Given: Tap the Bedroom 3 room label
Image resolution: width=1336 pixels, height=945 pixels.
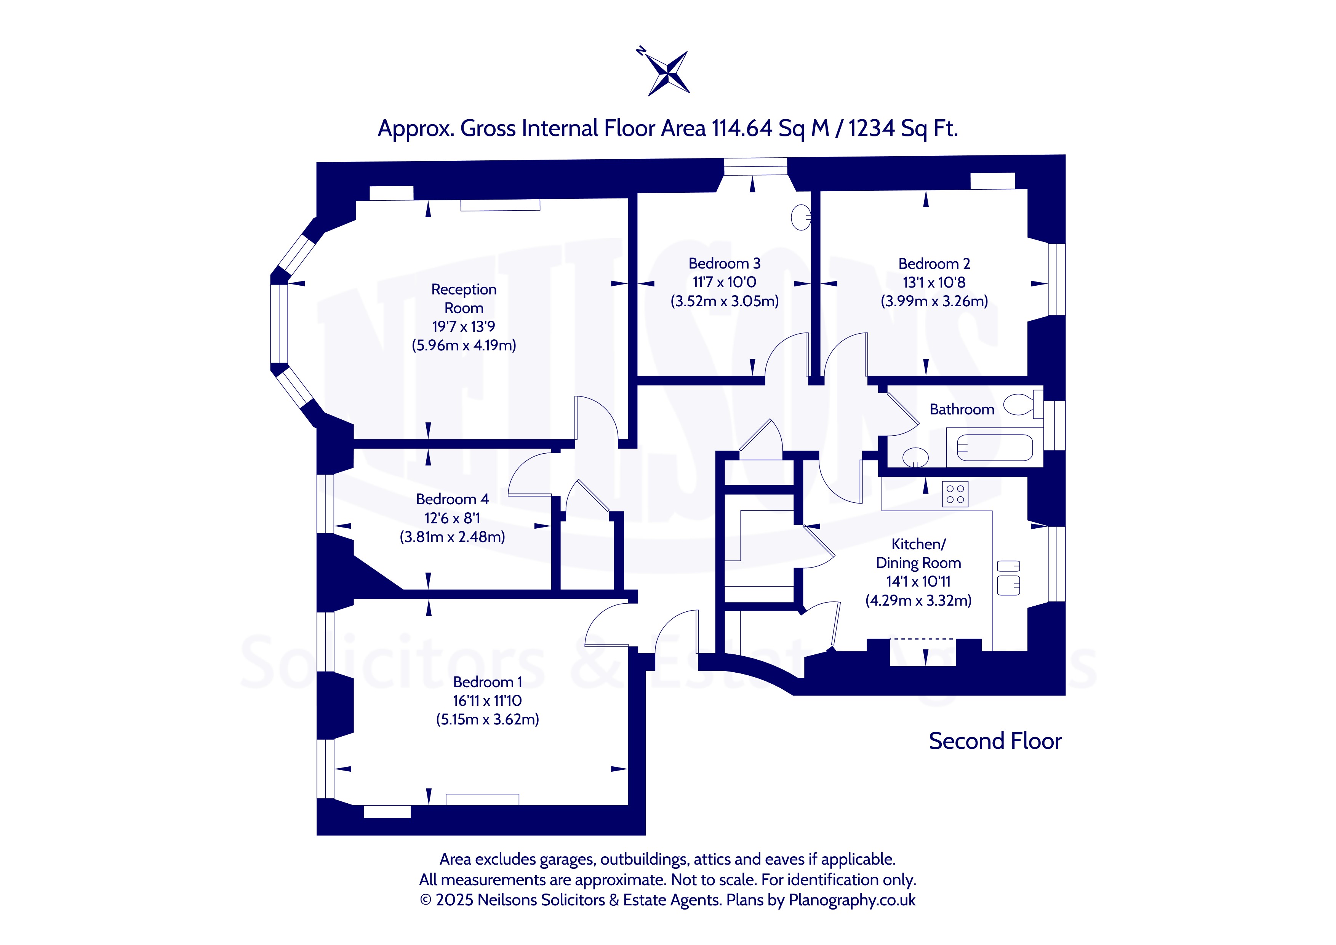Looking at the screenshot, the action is coord(725,264).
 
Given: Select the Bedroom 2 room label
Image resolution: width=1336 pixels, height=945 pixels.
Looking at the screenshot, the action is coord(934,264).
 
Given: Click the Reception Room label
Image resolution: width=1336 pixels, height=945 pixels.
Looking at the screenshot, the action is coord(464,299).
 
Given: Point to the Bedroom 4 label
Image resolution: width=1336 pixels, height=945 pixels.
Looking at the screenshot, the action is coord(452,499).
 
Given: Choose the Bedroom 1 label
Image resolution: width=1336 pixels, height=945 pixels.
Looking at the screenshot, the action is coord(488,682).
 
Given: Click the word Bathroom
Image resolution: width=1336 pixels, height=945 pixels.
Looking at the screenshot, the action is coord(962,409).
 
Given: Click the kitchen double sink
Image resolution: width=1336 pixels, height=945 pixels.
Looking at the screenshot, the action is coord(1008,577).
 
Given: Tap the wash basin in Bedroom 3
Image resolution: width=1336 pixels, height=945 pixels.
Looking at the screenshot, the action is coord(801,217).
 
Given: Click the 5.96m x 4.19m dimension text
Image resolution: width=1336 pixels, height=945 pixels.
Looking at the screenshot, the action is coord(464,345).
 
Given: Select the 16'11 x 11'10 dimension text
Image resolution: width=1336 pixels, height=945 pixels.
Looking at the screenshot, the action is coord(488,700).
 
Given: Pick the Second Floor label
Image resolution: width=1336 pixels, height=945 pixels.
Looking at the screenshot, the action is coord(995,741).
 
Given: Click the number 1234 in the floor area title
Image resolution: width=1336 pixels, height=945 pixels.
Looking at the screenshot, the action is coord(871,128).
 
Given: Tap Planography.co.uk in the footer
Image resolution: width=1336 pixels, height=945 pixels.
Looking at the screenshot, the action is coord(852,900).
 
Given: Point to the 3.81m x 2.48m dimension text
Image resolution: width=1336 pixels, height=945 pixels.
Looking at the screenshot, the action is coord(452,537).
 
